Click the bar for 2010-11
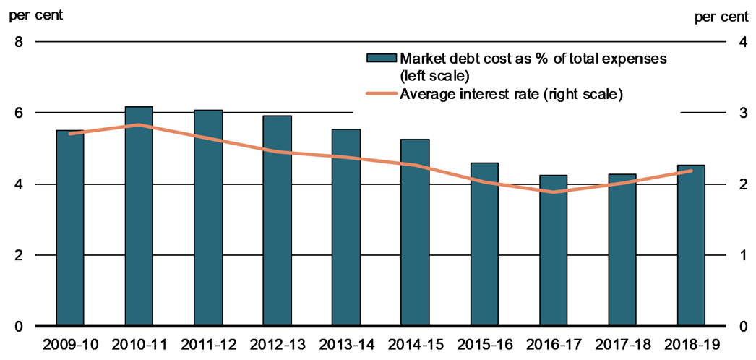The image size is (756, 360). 139,217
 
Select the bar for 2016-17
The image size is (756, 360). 554,250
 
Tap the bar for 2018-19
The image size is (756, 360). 691,246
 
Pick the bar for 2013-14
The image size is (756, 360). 346,228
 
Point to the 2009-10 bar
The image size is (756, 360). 70,228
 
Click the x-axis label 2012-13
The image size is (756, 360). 277,345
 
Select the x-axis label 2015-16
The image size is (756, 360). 484,345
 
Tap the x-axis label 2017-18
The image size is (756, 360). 622,345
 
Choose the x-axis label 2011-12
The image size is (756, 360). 208,345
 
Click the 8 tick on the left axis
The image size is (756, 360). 20,42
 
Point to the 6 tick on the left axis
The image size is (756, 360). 20,113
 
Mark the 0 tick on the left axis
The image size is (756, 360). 20,327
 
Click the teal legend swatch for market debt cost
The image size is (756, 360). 382,58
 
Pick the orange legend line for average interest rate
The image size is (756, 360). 382,93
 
